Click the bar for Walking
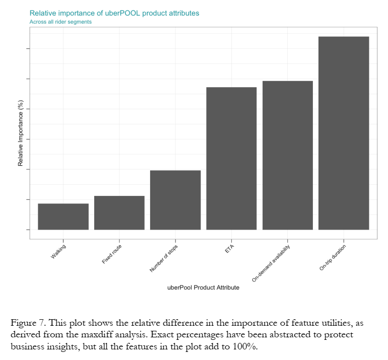point(63,217)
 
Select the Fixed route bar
point(119,212)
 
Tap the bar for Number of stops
point(175,200)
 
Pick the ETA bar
point(231,158)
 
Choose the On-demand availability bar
point(288,155)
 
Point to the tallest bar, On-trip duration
point(344,133)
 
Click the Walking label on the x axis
point(58,251)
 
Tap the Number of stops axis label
point(163,258)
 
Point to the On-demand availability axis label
point(271,262)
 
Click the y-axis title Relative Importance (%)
point(21,133)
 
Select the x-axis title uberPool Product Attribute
point(203,287)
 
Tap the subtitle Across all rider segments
point(60,22)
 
